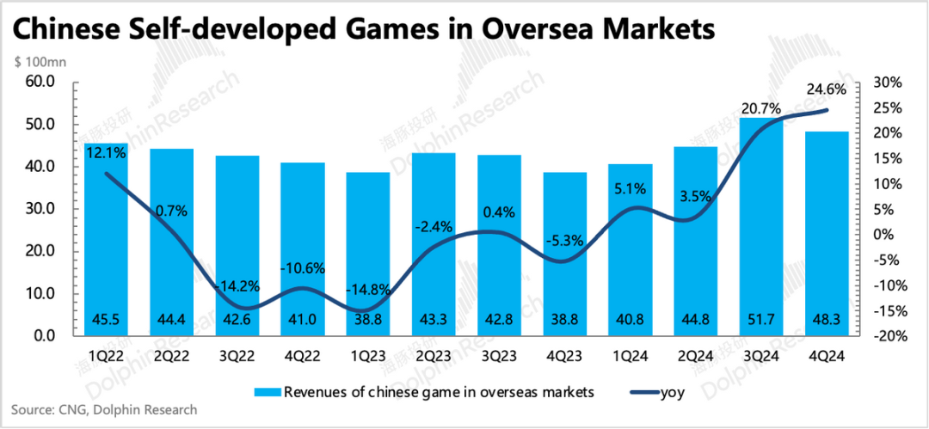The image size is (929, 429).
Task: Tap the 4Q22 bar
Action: tap(302, 249)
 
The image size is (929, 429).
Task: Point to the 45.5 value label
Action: tap(106, 320)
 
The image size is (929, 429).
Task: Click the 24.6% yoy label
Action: tap(826, 89)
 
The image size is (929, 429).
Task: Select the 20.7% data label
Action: tap(760, 108)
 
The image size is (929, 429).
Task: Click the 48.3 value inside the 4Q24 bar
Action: tap(826, 320)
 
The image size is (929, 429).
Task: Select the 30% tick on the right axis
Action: tap(888, 83)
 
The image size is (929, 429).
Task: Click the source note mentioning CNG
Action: tap(104, 410)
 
